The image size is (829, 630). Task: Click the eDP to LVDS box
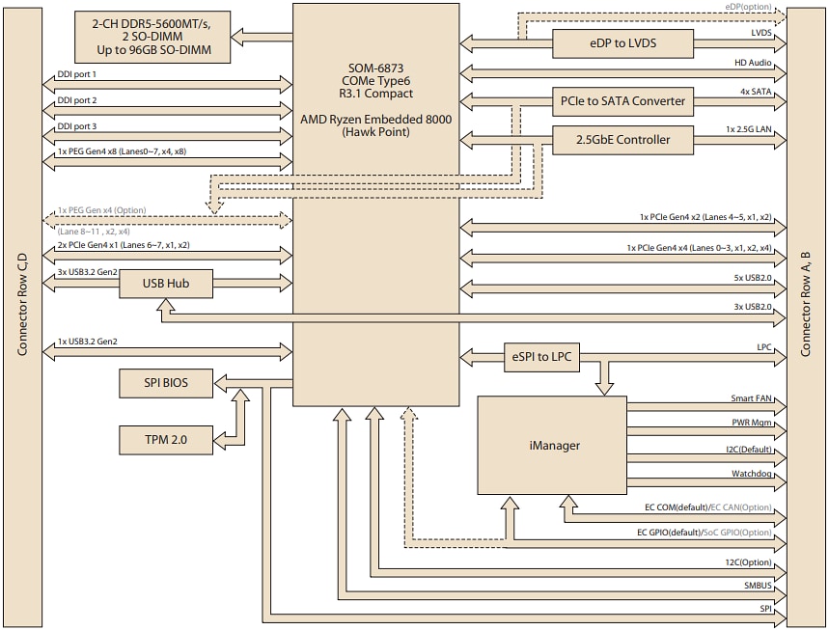tap(622, 43)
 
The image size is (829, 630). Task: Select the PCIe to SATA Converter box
tap(622, 100)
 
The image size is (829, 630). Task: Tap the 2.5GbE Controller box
tap(622, 140)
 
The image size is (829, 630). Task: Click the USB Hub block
tap(166, 283)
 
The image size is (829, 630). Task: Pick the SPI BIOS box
tap(166, 383)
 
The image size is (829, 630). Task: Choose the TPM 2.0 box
tap(166, 440)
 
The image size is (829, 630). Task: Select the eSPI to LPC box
tap(540, 357)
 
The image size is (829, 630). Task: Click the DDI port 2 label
tap(77, 100)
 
